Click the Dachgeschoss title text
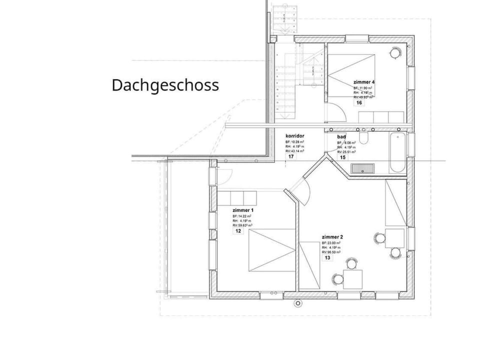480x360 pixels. tap(165, 85)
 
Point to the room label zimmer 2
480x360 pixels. tap(332, 236)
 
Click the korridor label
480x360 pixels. tap(295, 136)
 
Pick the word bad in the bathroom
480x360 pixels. tap(342, 136)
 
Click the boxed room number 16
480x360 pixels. tap(358, 103)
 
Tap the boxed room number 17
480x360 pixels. tap(290, 156)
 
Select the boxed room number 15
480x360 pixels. tap(342, 157)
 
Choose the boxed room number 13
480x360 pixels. tap(327, 258)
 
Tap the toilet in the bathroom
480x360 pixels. tap(365, 139)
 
